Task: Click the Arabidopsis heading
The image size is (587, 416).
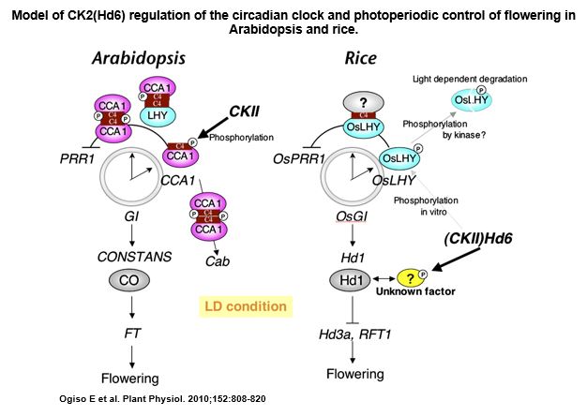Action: [139, 59]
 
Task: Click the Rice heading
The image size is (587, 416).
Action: [360, 58]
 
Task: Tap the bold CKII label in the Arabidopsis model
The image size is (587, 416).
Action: [244, 111]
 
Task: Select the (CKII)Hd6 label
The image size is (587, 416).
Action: [478, 238]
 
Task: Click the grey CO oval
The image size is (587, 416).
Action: [129, 280]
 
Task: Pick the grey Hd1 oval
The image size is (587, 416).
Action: [351, 280]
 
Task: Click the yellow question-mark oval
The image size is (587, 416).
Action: [411, 278]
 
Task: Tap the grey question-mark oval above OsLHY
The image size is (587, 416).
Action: [363, 102]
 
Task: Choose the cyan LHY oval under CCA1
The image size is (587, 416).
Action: [158, 115]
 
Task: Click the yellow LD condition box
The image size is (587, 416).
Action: [246, 306]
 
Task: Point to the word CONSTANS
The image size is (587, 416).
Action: [134, 257]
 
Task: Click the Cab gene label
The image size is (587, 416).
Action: [218, 261]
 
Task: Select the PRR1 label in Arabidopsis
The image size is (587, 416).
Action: [77, 159]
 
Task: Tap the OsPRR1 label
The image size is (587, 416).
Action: [299, 159]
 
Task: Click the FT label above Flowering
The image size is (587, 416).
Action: [132, 333]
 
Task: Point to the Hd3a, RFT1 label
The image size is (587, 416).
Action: [354, 334]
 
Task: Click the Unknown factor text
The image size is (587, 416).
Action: [415, 291]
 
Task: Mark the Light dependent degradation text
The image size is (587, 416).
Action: [470, 79]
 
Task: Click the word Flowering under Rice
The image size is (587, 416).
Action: [355, 374]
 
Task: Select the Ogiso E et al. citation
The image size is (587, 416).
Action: [162, 399]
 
